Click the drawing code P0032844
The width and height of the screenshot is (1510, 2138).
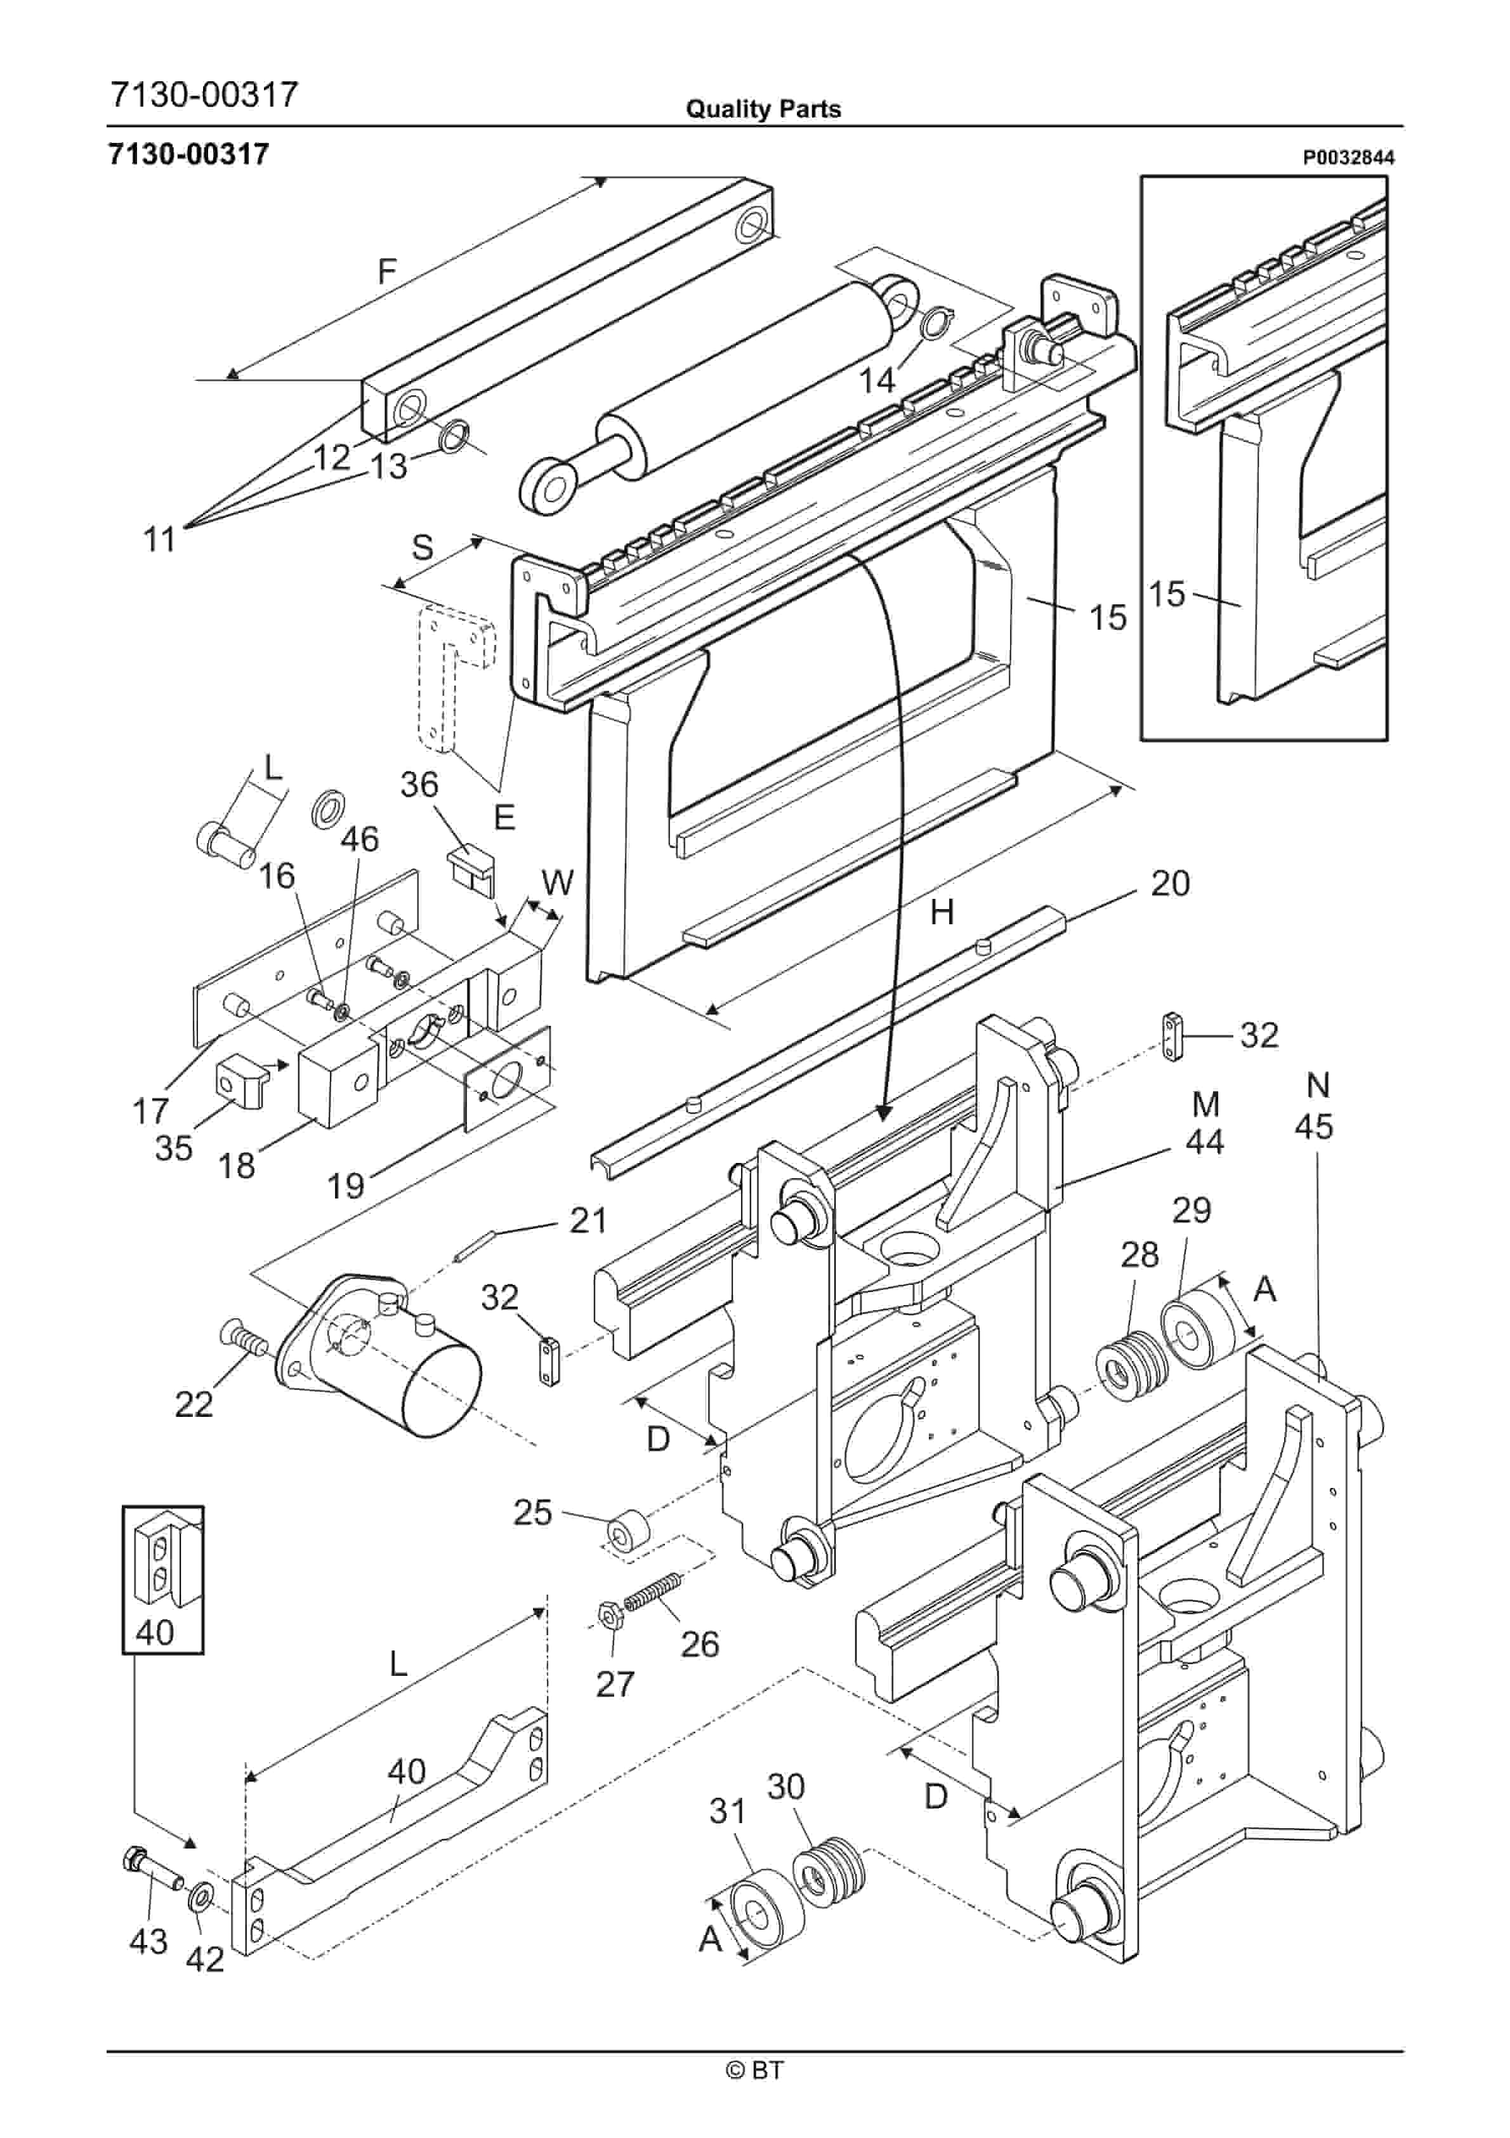[x=1348, y=158]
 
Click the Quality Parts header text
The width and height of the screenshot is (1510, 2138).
[x=763, y=109]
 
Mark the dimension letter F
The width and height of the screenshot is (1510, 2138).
[x=387, y=271]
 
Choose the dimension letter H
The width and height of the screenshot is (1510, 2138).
[x=942, y=913]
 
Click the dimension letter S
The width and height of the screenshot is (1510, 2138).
[x=422, y=548]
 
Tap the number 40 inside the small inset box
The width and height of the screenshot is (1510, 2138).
[x=155, y=1631]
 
